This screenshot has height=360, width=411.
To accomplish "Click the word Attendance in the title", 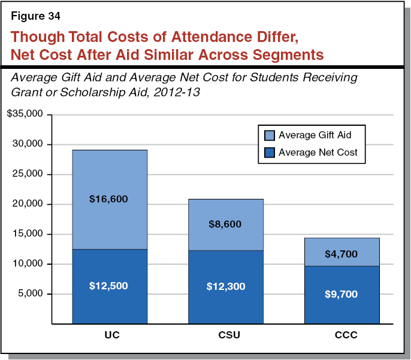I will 192,37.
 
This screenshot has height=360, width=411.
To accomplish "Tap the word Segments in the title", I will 283,55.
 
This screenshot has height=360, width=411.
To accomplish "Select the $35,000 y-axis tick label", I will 26,114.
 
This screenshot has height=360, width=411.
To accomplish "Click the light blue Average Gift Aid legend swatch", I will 268,135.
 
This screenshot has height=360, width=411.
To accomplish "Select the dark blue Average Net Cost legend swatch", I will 268,152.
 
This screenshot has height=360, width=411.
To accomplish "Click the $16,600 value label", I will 110,199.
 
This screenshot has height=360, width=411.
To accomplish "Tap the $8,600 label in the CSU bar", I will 225,224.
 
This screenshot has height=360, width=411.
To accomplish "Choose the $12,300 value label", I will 225,287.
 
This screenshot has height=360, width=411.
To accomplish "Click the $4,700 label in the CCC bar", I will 341,254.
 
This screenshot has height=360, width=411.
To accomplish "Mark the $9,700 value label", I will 341,295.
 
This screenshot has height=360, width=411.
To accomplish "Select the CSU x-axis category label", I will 226,335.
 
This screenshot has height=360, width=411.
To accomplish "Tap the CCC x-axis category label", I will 342,335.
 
